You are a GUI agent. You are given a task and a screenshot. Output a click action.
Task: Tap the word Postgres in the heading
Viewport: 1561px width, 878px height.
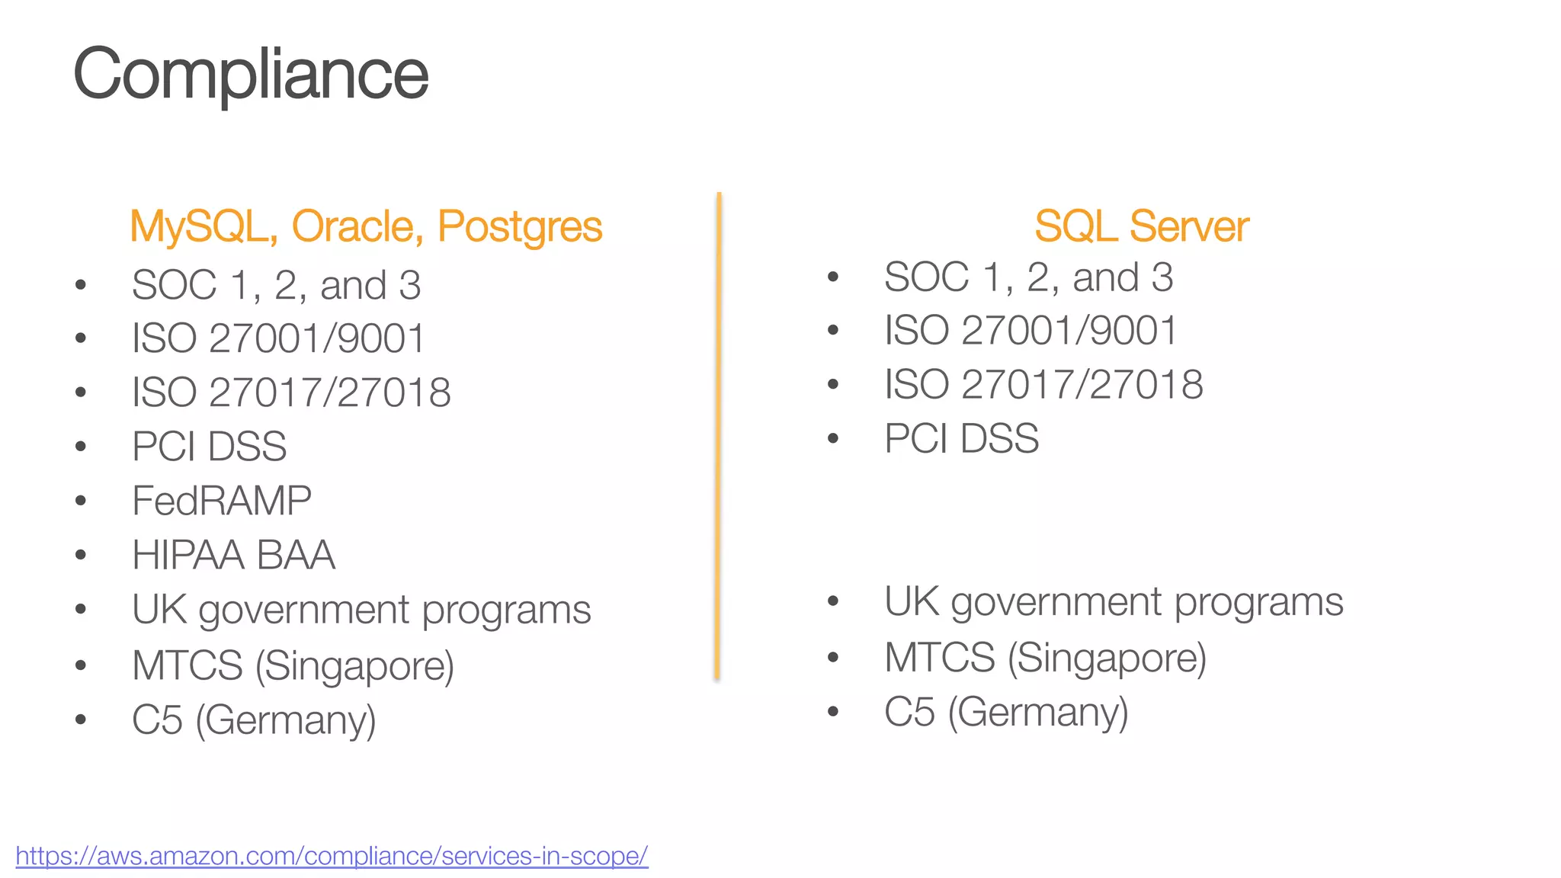pos(520,226)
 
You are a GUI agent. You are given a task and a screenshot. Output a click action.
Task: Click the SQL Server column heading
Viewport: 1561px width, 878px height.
pos(1141,226)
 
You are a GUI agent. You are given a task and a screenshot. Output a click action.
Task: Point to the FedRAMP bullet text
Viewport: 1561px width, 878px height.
pos(221,501)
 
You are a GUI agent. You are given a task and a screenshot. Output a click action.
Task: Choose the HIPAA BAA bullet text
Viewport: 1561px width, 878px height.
pos(233,555)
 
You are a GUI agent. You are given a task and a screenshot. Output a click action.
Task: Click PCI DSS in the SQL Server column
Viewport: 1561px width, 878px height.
pos(961,439)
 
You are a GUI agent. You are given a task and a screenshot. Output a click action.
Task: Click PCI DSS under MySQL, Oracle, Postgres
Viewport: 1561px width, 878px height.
pos(209,447)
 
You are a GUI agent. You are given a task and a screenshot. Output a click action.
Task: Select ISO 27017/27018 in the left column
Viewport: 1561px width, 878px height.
pos(291,393)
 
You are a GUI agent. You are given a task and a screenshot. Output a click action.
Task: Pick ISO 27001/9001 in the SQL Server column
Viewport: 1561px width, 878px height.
pos(1031,331)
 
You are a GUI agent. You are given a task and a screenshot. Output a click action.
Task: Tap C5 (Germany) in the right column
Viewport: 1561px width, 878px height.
pos(1006,712)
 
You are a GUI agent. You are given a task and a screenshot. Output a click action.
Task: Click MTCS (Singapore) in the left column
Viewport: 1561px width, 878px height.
pos(293,665)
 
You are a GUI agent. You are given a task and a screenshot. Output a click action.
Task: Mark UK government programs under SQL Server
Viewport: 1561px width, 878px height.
pos(1114,602)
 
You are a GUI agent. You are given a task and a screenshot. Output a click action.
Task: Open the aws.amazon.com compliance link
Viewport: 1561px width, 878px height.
pos(332,855)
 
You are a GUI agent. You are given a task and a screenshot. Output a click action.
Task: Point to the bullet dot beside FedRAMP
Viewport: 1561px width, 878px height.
pos(81,501)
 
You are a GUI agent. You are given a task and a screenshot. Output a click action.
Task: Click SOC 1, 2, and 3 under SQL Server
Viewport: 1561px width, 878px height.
pos(1028,277)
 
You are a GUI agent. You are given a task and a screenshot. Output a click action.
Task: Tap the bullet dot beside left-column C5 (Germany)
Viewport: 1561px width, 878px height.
pos(81,719)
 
